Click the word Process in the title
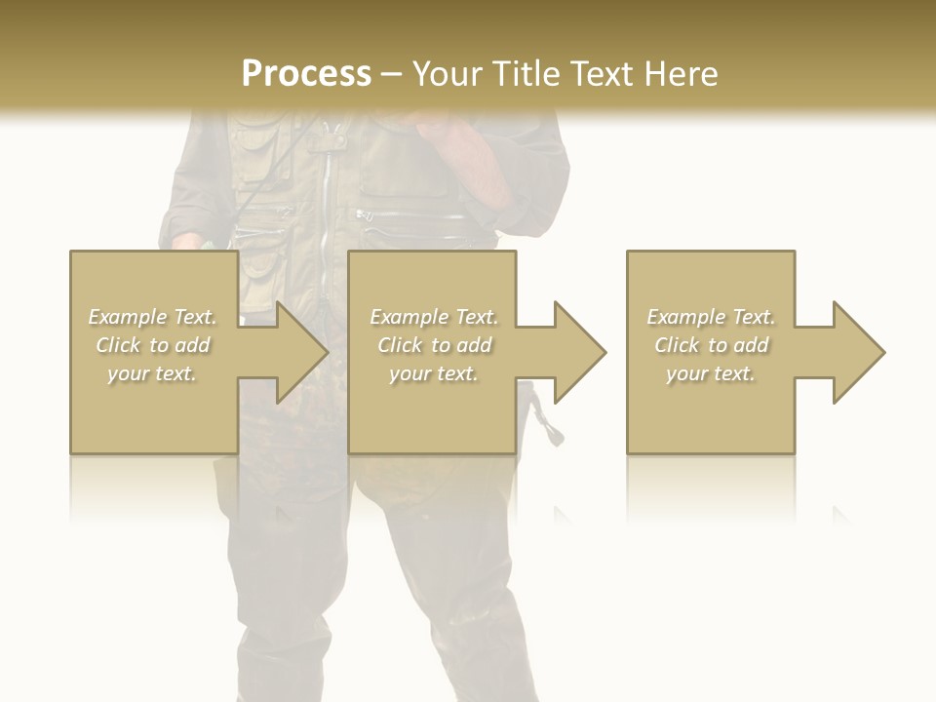[306, 74]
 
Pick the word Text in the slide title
[601, 74]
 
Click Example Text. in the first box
[153, 317]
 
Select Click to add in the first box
[153, 345]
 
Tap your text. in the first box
[153, 373]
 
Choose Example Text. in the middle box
[434, 317]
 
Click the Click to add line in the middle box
[434, 345]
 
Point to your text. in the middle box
[434, 373]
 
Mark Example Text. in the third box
[711, 317]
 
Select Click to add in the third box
[711, 345]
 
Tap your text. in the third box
[711, 373]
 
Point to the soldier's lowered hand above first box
[187, 241]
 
